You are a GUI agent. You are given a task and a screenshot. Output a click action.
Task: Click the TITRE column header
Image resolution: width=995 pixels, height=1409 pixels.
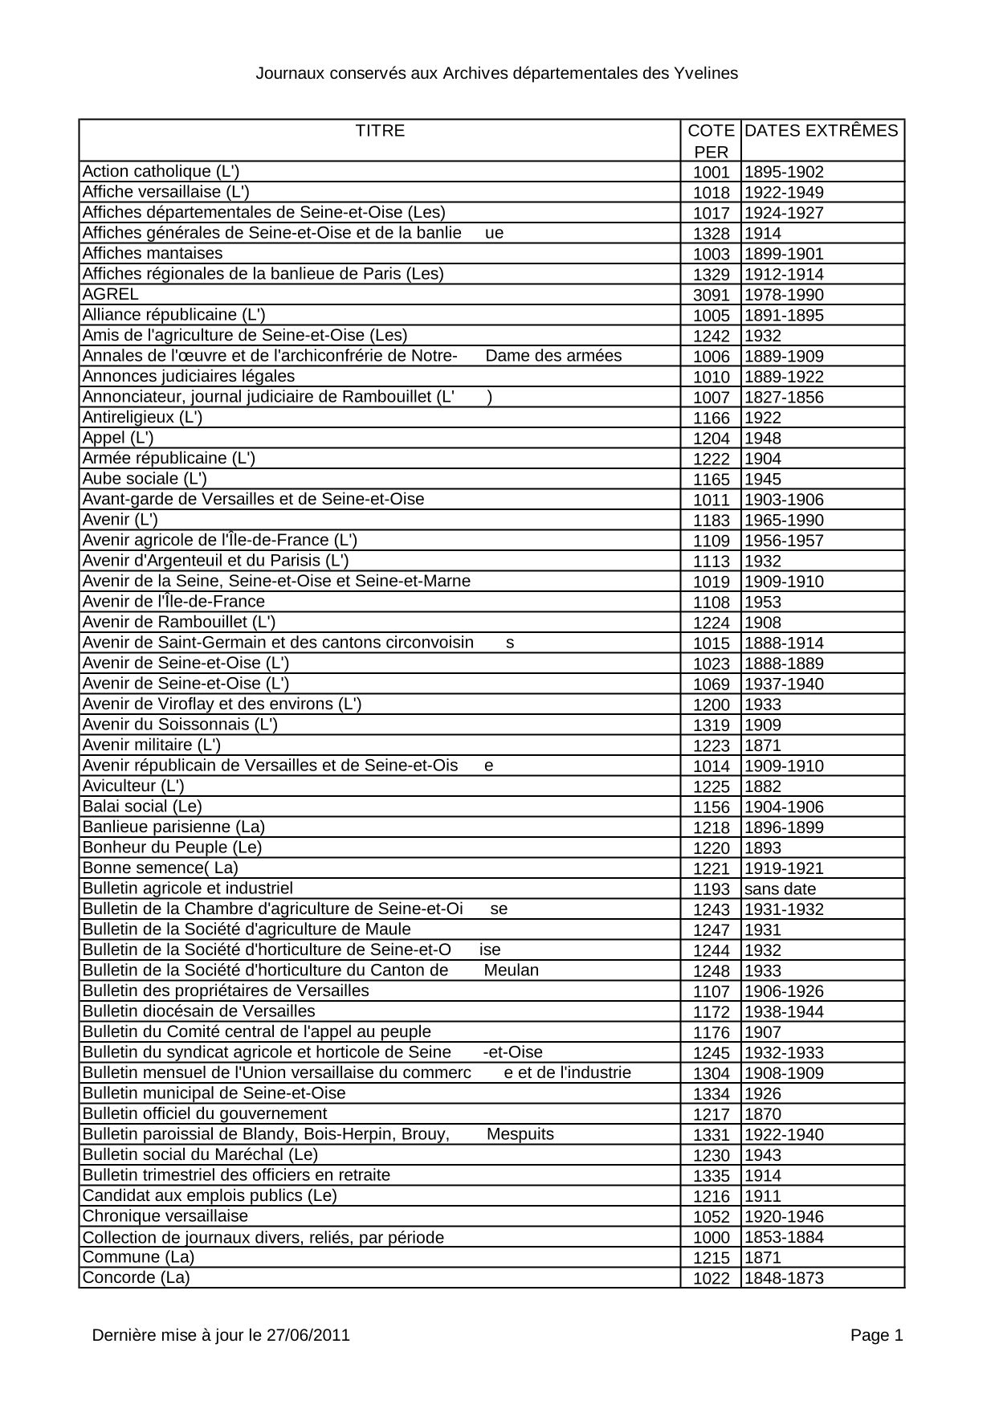tap(380, 131)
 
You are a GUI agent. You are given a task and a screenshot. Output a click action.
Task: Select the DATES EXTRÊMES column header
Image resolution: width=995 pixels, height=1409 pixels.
tap(822, 131)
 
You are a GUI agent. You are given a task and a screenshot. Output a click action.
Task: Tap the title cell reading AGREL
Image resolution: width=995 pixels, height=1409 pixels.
tap(111, 294)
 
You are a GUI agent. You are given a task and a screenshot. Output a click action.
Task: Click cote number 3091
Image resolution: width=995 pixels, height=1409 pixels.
tap(711, 295)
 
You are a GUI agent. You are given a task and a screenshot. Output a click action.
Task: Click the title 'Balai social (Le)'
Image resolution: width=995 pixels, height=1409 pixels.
tap(142, 807)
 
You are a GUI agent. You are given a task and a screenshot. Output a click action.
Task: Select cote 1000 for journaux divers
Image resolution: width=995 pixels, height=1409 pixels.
tap(711, 1238)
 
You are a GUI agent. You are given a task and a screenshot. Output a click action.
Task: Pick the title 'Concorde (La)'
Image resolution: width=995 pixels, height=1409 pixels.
tap(136, 1278)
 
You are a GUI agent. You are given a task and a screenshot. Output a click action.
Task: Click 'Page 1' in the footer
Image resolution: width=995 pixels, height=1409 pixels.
tap(877, 1336)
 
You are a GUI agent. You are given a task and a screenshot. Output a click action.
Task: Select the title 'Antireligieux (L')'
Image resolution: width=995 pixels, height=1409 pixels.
tap(142, 417)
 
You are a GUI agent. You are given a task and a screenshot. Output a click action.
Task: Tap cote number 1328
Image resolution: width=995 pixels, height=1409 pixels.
tap(711, 234)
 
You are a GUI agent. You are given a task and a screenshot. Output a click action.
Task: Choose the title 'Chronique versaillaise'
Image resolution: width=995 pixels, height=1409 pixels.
tap(165, 1216)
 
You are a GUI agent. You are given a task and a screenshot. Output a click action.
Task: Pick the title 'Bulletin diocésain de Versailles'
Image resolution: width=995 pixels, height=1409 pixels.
tap(199, 1011)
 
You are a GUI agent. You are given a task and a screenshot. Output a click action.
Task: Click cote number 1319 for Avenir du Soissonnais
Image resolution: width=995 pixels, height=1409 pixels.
tap(711, 725)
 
